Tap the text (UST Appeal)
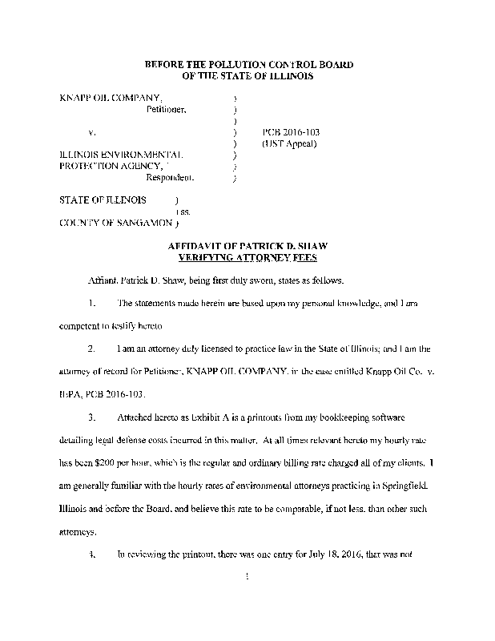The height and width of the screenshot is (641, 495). coord(290,143)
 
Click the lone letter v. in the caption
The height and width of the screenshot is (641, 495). coord(91,131)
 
